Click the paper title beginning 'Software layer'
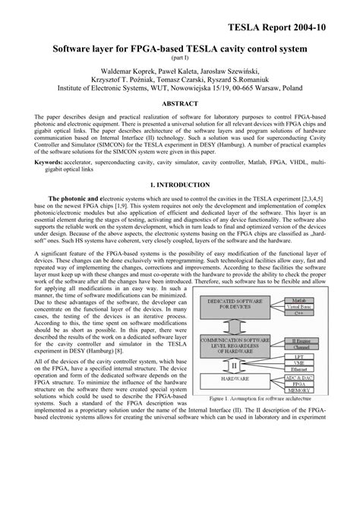point(180,49)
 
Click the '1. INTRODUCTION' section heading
point(180,185)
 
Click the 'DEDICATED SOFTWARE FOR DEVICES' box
point(234,307)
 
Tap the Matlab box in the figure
point(298,301)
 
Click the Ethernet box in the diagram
point(298,369)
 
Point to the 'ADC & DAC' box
point(298,377)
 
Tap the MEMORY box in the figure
point(298,390)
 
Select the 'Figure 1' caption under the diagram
point(259,399)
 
